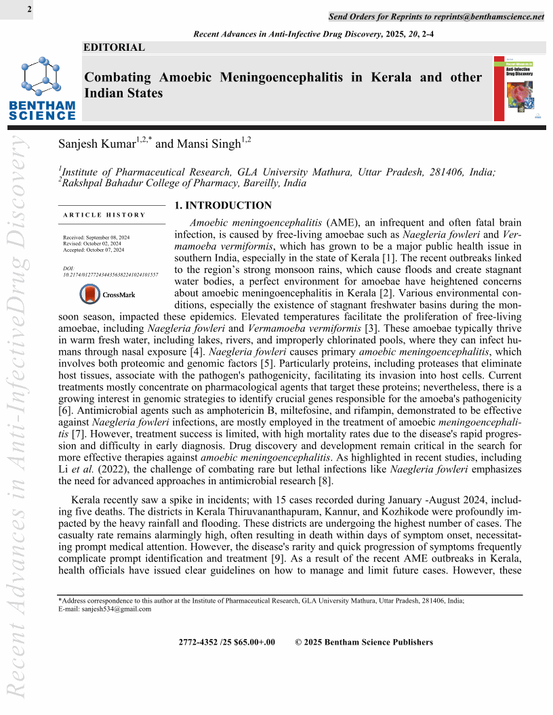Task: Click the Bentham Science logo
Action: [42, 89]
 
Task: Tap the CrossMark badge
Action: [108, 295]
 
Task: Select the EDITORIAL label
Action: [114, 47]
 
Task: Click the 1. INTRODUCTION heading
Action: [223, 206]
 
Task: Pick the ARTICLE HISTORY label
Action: [104, 215]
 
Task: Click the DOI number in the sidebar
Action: [110, 276]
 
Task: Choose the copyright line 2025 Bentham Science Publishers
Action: [364, 643]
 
